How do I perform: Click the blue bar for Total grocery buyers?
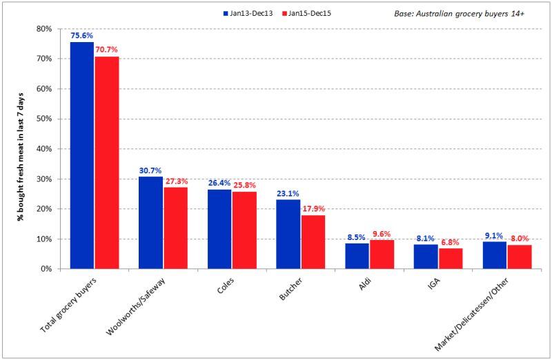click(x=82, y=155)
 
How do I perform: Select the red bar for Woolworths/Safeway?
click(x=175, y=228)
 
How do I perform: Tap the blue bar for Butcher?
click(x=288, y=234)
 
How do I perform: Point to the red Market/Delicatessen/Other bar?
click(x=519, y=257)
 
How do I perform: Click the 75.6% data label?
click(x=82, y=36)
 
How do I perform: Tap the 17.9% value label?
click(x=313, y=209)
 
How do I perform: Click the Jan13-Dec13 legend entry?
click(x=251, y=12)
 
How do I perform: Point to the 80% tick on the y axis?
click(x=44, y=29)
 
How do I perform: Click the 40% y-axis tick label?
click(x=44, y=149)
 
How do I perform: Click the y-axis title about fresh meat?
click(x=21, y=148)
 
